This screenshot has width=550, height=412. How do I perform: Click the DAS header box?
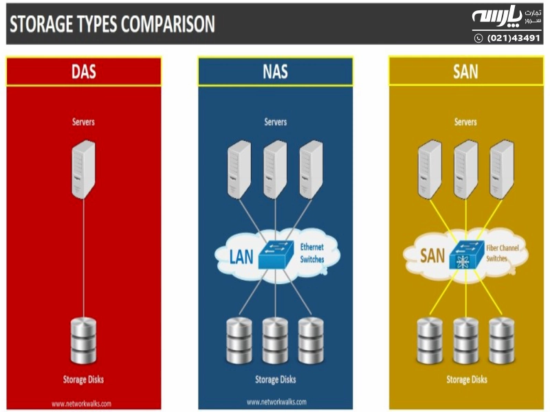tap(84, 71)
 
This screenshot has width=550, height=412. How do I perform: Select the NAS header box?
tap(275, 71)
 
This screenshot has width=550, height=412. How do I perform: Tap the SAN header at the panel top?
tap(465, 71)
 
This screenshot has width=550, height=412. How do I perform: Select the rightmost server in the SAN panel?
tap(501, 169)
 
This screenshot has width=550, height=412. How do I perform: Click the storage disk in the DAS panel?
tap(84, 341)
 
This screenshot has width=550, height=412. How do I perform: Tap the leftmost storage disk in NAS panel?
tap(239, 341)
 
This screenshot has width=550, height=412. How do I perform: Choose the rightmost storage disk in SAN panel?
tap(501, 341)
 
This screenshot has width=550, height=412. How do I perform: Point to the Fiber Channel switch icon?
tap(465, 257)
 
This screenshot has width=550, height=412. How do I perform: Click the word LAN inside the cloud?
tap(241, 257)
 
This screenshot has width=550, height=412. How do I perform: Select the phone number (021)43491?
tap(514, 38)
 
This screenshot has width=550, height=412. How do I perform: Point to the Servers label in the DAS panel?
tap(84, 122)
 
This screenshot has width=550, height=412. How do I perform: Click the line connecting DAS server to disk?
tap(84, 261)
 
